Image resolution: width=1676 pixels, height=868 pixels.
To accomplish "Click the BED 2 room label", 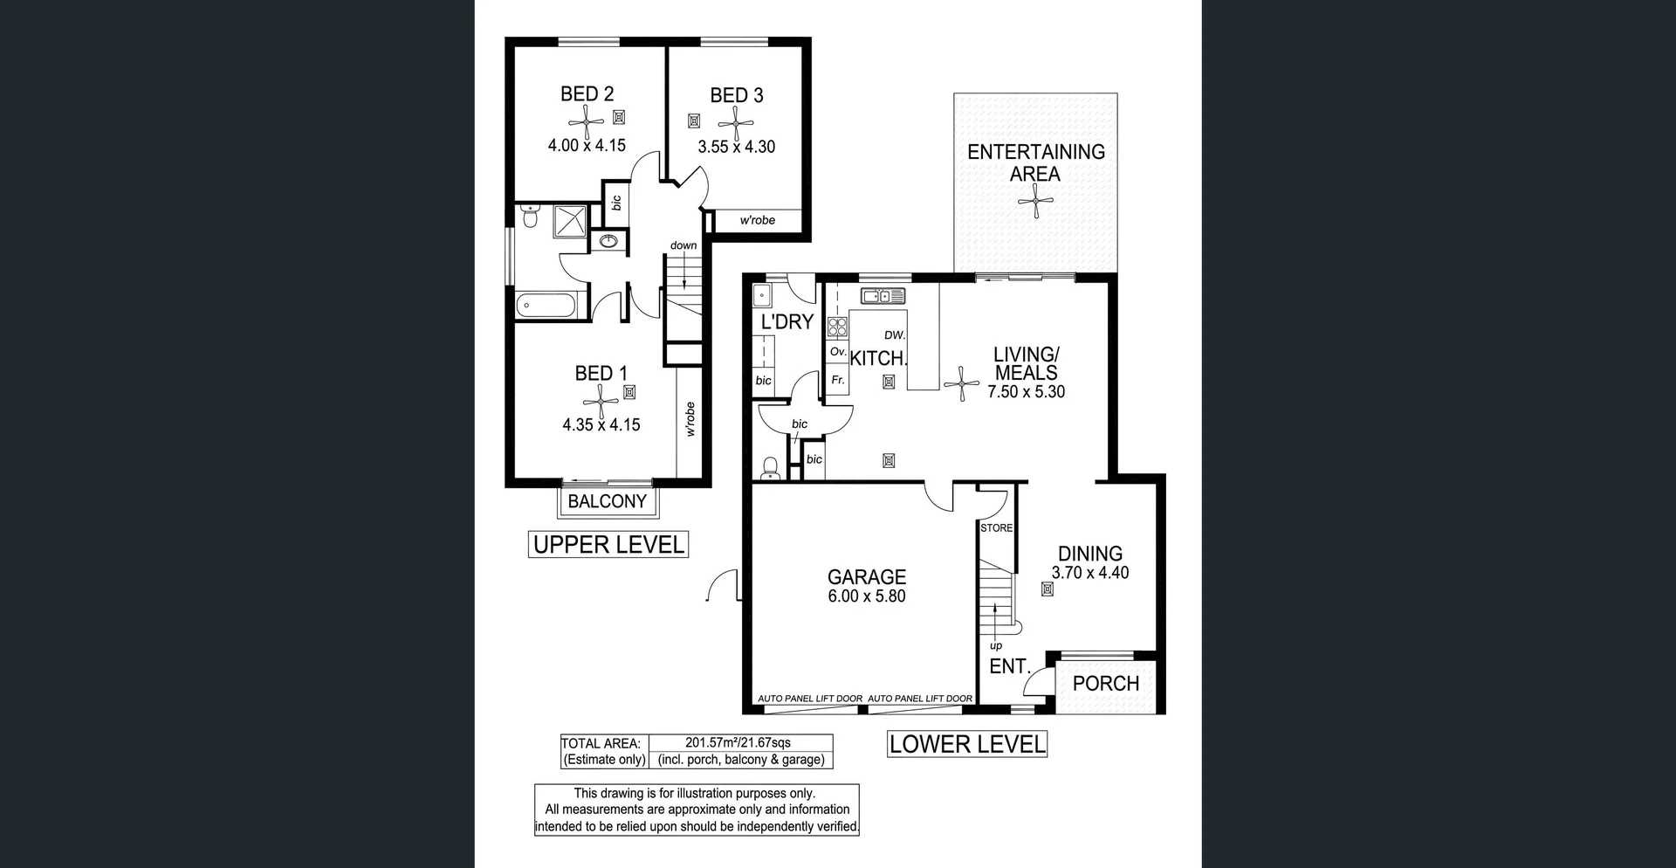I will (x=587, y=93).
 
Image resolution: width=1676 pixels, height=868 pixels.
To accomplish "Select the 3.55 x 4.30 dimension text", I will (x=736, y=147).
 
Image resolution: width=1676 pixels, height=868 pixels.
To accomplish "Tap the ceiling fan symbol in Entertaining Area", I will (x=1035, y=202).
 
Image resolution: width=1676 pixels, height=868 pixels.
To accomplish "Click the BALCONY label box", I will (x=607, y=501).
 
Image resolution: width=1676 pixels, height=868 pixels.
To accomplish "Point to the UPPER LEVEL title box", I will (x=608, y=545).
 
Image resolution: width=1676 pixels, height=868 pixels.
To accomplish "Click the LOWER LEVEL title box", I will (x=966, y=744).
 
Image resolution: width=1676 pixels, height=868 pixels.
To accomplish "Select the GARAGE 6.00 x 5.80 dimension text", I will (x=866, y=596).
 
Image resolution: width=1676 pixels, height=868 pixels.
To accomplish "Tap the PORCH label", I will (x=1105, y=684).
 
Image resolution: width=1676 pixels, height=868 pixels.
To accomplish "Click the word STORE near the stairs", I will (x=996, y=528).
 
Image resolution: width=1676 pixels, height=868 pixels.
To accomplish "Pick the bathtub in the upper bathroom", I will (x=546, y=306).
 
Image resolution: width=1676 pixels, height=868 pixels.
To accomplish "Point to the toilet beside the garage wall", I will (x=770, y=469).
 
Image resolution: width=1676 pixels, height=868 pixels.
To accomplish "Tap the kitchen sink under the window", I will (x=883, y=296).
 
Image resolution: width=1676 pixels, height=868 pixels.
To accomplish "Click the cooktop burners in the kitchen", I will (x=837, y=327).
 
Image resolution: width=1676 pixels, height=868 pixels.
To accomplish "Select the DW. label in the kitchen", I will (x=895, y=335).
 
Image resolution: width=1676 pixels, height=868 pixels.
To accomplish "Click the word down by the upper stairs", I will (x=683, y=245).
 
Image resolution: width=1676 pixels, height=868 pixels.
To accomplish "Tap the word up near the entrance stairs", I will (x=996, y=646).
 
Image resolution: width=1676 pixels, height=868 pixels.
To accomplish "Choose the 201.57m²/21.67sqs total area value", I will (x=738, y=743).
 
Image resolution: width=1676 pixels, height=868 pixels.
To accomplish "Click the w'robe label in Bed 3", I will (x=757, y=220).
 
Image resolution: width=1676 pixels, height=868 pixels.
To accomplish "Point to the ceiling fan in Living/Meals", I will (x=961, y=382).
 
